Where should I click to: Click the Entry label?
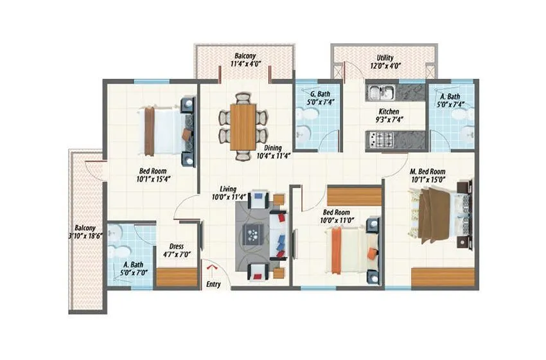click(213, 283)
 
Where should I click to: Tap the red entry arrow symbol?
click(213, 267)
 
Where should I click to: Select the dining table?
click(243, 127)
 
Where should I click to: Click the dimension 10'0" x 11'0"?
click(337, 221)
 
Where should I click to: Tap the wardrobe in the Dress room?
click(177, 276)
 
